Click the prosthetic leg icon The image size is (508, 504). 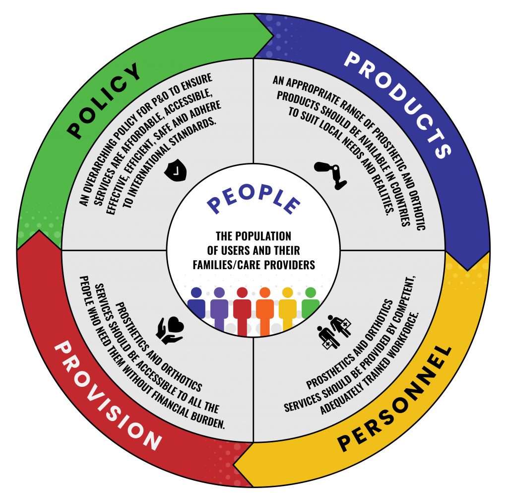[x=331, y=175]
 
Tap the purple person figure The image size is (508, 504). [x=219, y=307]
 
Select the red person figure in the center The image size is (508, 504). [x=242, y=308]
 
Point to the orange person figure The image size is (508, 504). [x=265, y=308]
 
